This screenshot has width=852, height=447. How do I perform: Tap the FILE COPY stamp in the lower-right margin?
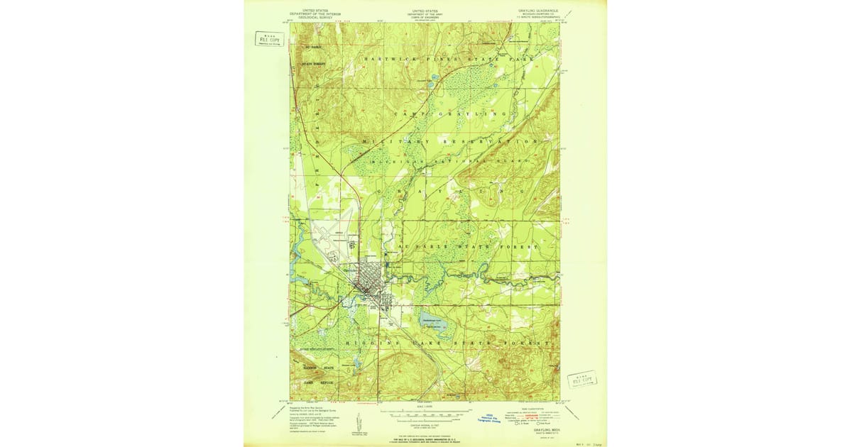582,379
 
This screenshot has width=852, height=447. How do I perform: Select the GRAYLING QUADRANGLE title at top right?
537,11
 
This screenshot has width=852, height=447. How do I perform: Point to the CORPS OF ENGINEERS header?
425,17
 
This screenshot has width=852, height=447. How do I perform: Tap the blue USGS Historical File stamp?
488,417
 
